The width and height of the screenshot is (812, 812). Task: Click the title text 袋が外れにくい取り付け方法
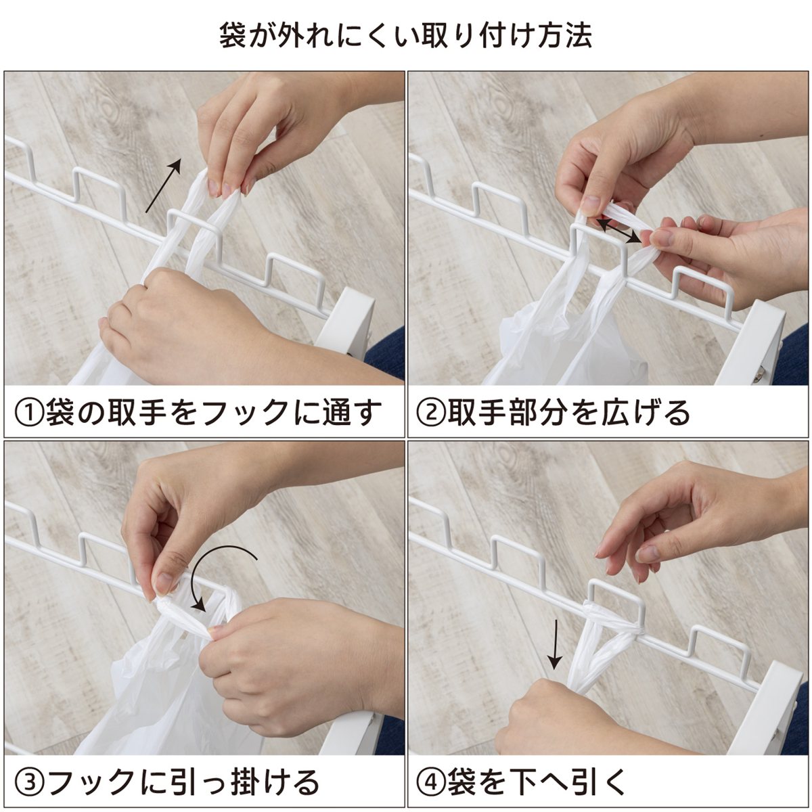[405, 36]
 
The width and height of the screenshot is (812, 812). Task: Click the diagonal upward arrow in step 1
[164, 185]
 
